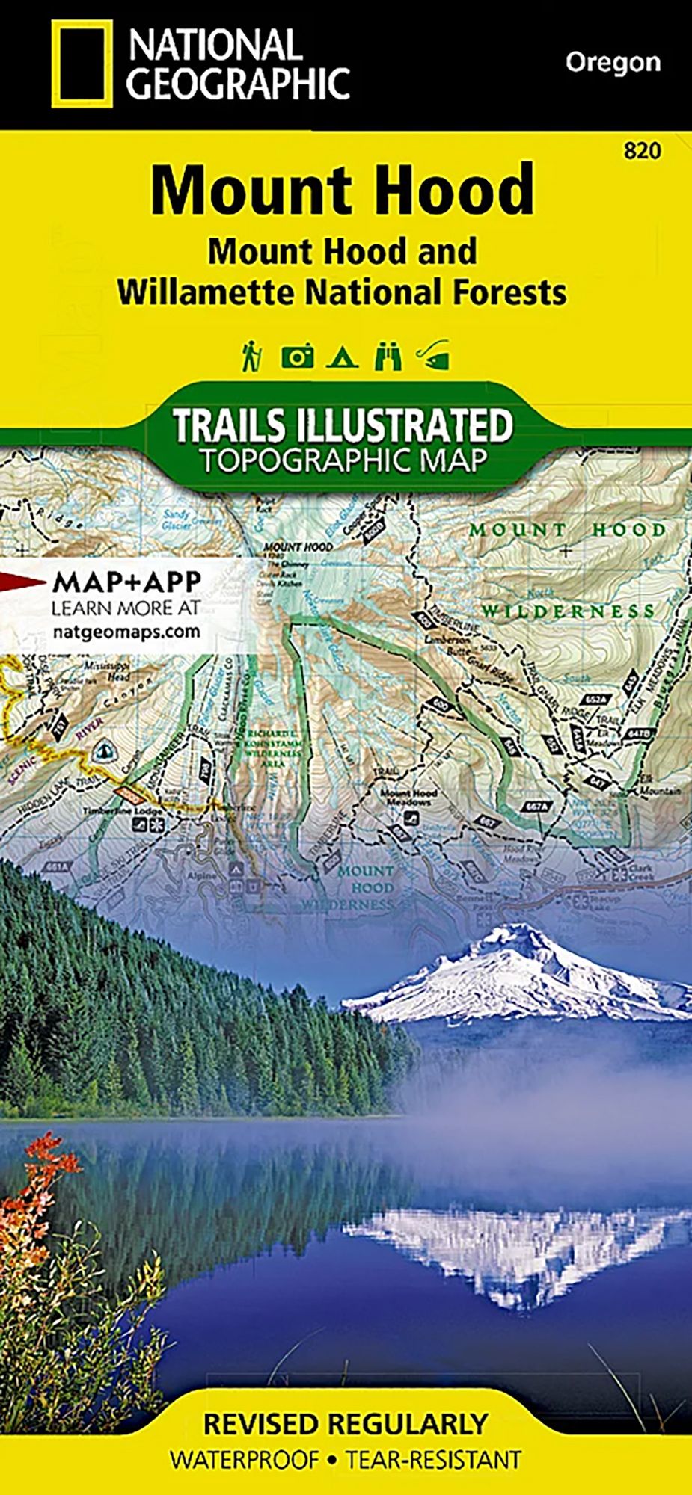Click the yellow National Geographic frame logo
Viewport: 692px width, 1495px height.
point(82,64)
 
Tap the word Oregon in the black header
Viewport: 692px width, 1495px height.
point(613,62)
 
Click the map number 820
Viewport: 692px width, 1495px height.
point(642,151)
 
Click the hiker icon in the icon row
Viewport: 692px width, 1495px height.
point(250,357)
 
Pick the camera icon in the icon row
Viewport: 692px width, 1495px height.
point(297,357)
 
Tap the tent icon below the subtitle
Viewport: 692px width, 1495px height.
point(342,357)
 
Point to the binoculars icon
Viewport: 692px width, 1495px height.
point(388,357)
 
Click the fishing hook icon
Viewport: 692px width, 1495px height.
point(434,357)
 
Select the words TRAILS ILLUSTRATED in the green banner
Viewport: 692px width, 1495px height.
point(343,425)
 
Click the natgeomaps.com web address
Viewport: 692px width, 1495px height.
point(126,631)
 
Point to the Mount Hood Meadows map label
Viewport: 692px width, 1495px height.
point(408,797)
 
